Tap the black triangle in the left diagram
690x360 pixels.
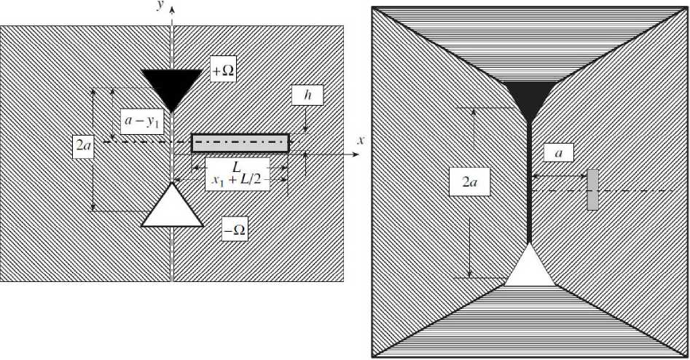point(171,84)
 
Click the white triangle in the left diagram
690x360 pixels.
point(172,208)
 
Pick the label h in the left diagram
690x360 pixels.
point(307,95)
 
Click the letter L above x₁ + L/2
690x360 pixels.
point(237,167)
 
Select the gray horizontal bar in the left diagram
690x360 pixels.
point(240,143)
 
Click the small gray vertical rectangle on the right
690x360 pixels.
point(592,189)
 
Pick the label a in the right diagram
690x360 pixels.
point(558,152)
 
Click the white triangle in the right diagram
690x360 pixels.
point(530,267)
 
